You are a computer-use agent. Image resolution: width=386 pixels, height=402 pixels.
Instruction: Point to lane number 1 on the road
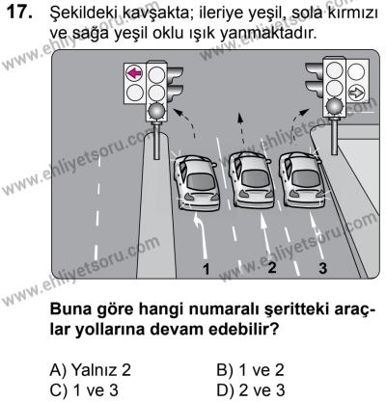click(x=206, y=267)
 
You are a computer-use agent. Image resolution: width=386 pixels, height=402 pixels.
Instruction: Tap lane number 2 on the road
click(x=271, y=266)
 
